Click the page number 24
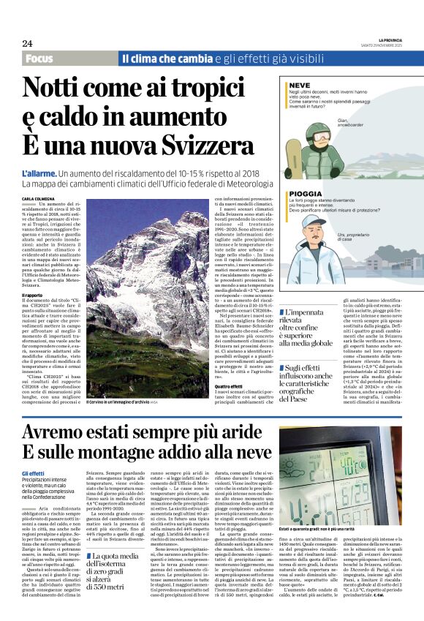(27, 44)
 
